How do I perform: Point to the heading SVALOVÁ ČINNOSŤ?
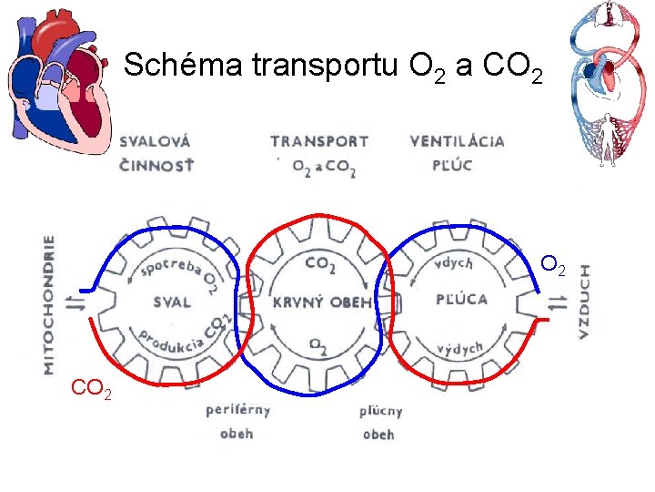point(156,153)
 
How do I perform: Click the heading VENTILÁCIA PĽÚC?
point(457,153)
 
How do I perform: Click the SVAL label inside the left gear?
point(173,301)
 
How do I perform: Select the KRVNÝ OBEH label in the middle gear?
point(322,302)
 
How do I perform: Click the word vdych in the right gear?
point(454,263)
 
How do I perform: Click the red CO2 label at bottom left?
point(92,391)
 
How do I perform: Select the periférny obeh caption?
point(237,421)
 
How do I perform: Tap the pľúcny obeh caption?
point(379,423)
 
